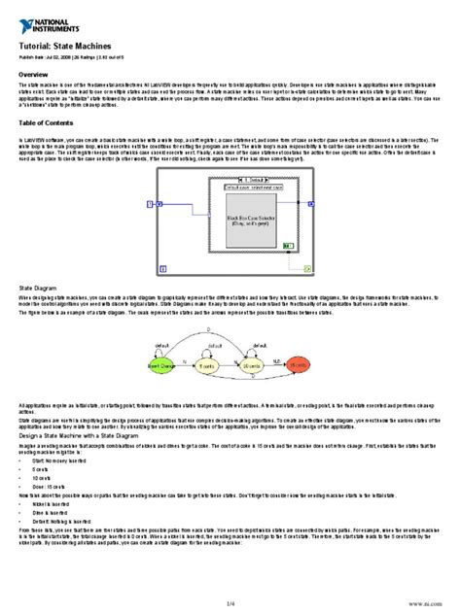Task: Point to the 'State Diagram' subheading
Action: click(40, 289)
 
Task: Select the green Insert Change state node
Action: click(162, 365)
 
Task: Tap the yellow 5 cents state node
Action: click(206, 365)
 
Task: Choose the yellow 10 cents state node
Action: click(252, 365)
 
